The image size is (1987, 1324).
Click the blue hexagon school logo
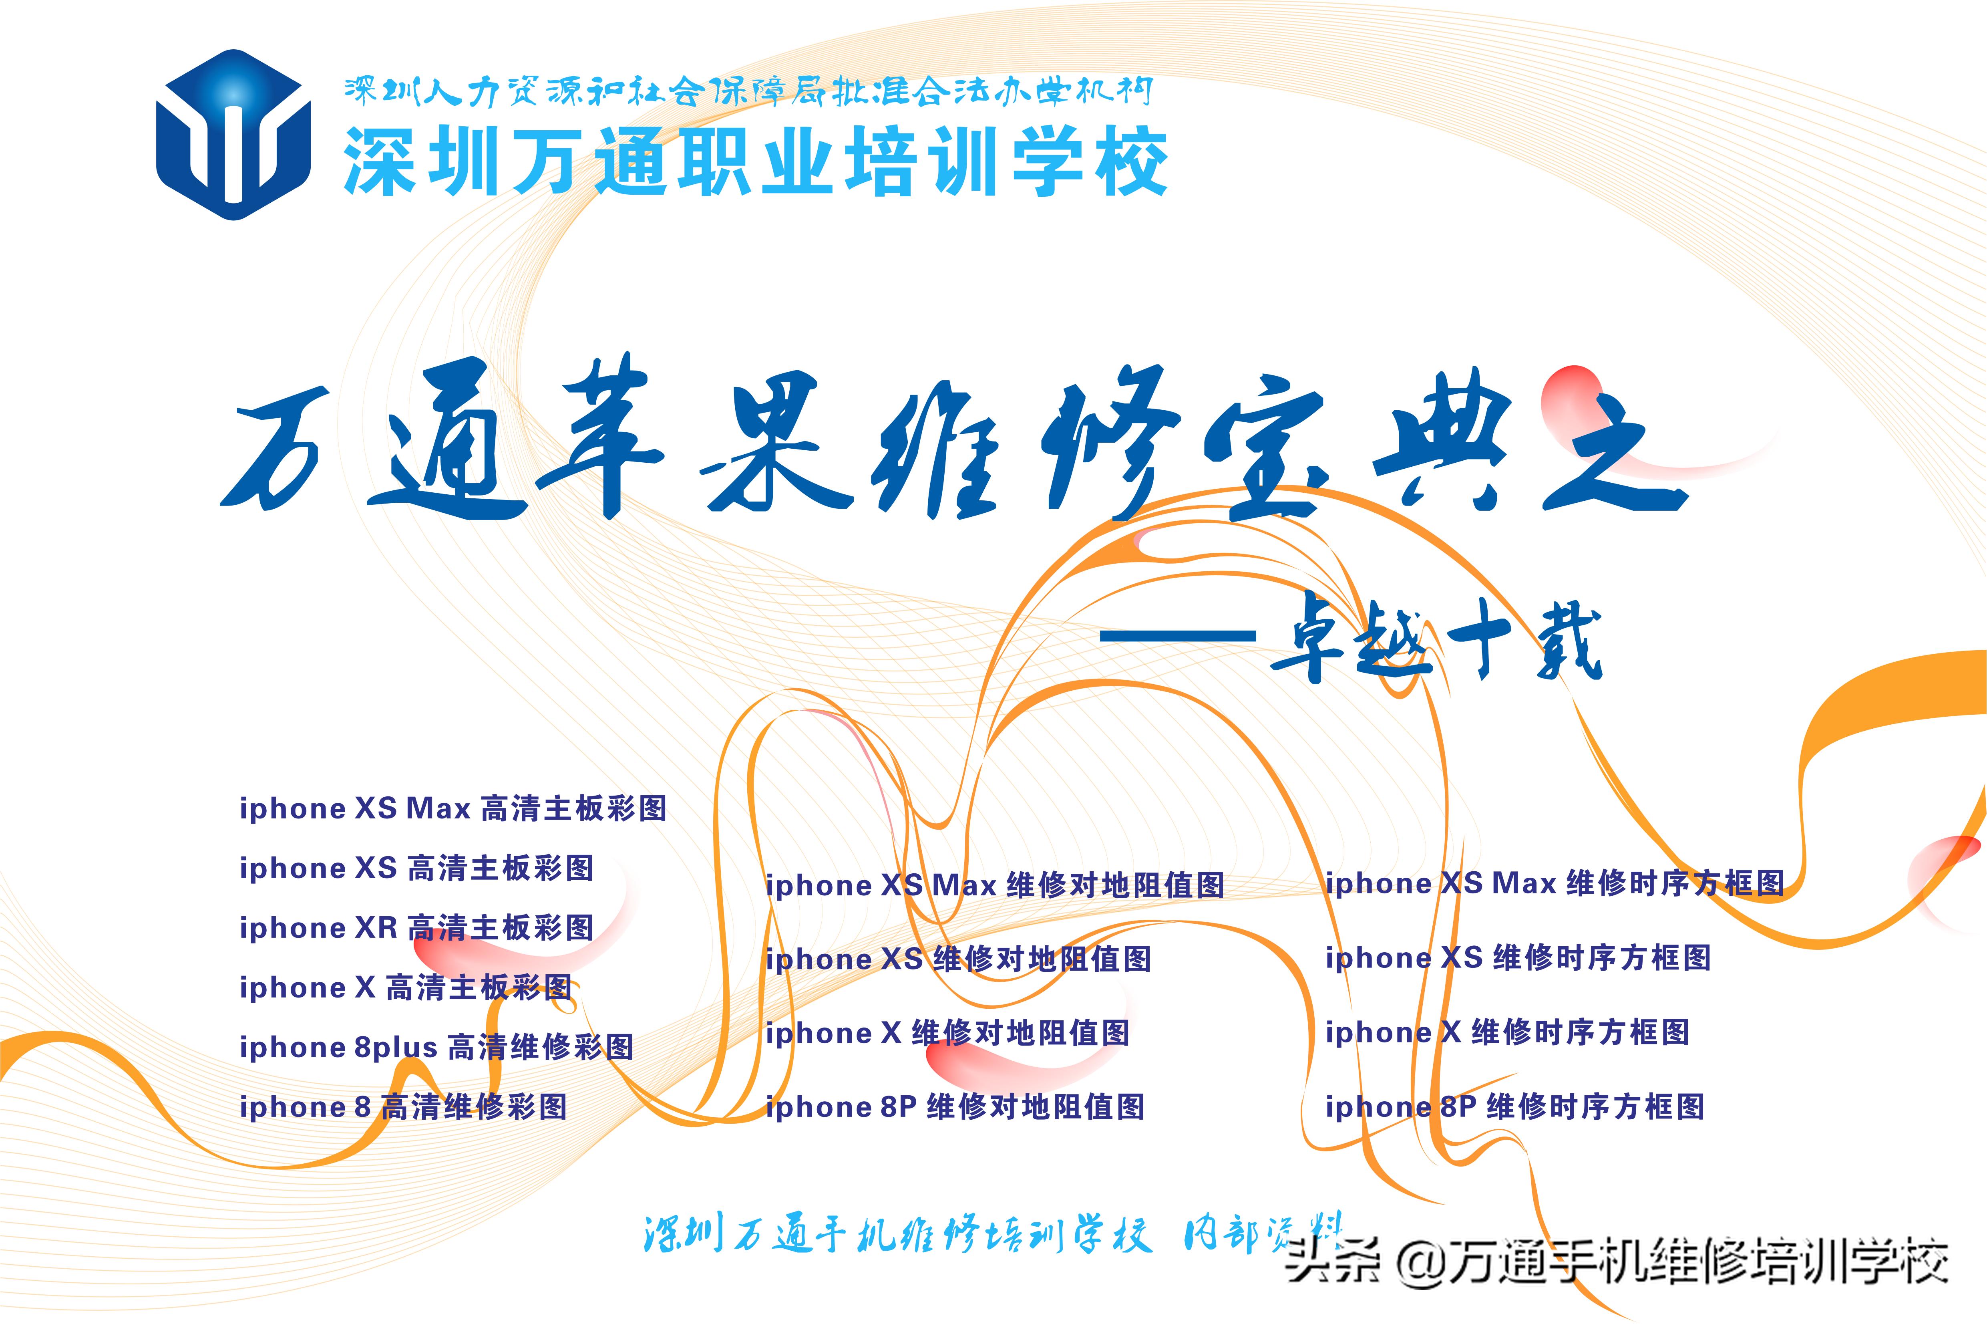point(234,135)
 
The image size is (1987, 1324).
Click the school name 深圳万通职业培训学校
point(756,162)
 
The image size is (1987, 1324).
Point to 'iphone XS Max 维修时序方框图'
point(1555,883)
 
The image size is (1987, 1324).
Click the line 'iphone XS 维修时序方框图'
point(1518,957)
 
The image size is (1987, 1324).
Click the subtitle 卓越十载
point(1435,642)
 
